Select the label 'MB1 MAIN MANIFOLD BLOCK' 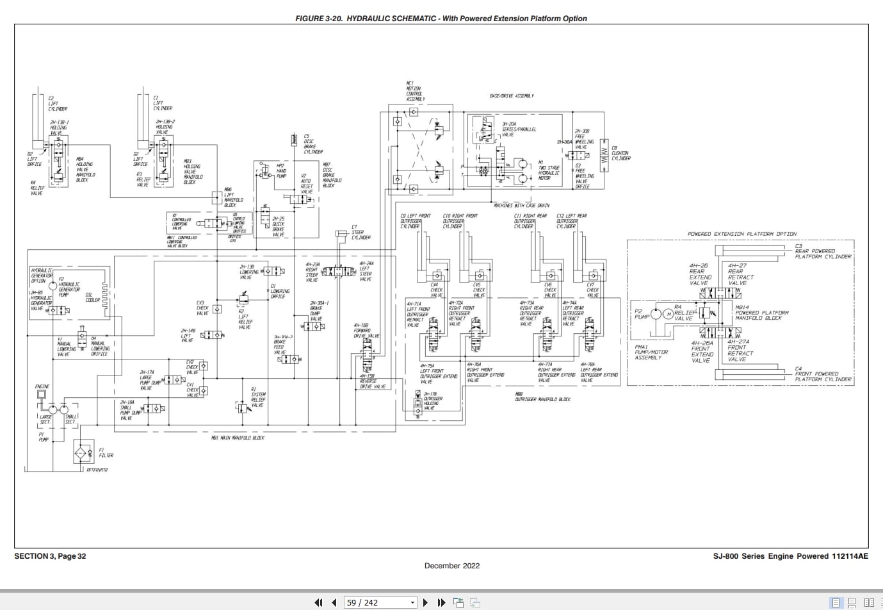tap(238, 438)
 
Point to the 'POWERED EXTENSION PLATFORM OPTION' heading tap(742, 235)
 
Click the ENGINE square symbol tap(42, 395)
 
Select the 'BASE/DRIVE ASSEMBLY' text tap(512, 96)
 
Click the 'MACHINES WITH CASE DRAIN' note tap(521, 206)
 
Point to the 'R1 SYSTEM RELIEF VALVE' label tap(257, 397)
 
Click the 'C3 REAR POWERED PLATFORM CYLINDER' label tap(823, 251)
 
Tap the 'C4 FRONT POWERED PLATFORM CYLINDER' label tap(823, 374)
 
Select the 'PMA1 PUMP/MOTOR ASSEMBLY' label tap(651, 352)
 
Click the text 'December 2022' tap(451, 566)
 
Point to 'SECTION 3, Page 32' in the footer tap(50, 556)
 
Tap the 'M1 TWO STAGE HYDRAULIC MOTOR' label tap(548, 170)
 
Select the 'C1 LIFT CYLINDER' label tap(162, 103)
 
